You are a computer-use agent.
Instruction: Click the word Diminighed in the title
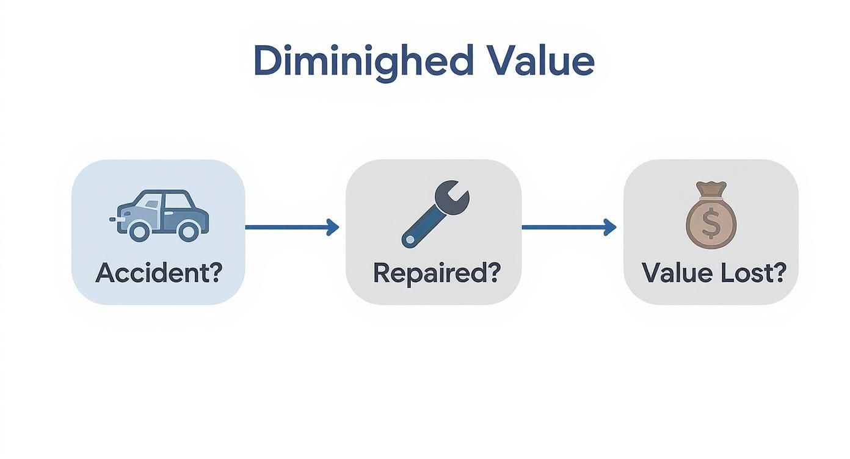pos(363,61)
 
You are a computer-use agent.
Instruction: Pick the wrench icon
pos(435,213)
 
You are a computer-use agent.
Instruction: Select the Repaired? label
pos(435,272)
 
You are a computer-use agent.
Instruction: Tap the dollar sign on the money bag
pos(711,223)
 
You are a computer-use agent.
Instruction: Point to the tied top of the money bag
pos(711,189)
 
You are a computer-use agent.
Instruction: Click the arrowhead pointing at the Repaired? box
pos(333,227)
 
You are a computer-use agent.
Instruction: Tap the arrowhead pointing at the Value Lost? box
pos(609,227)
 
